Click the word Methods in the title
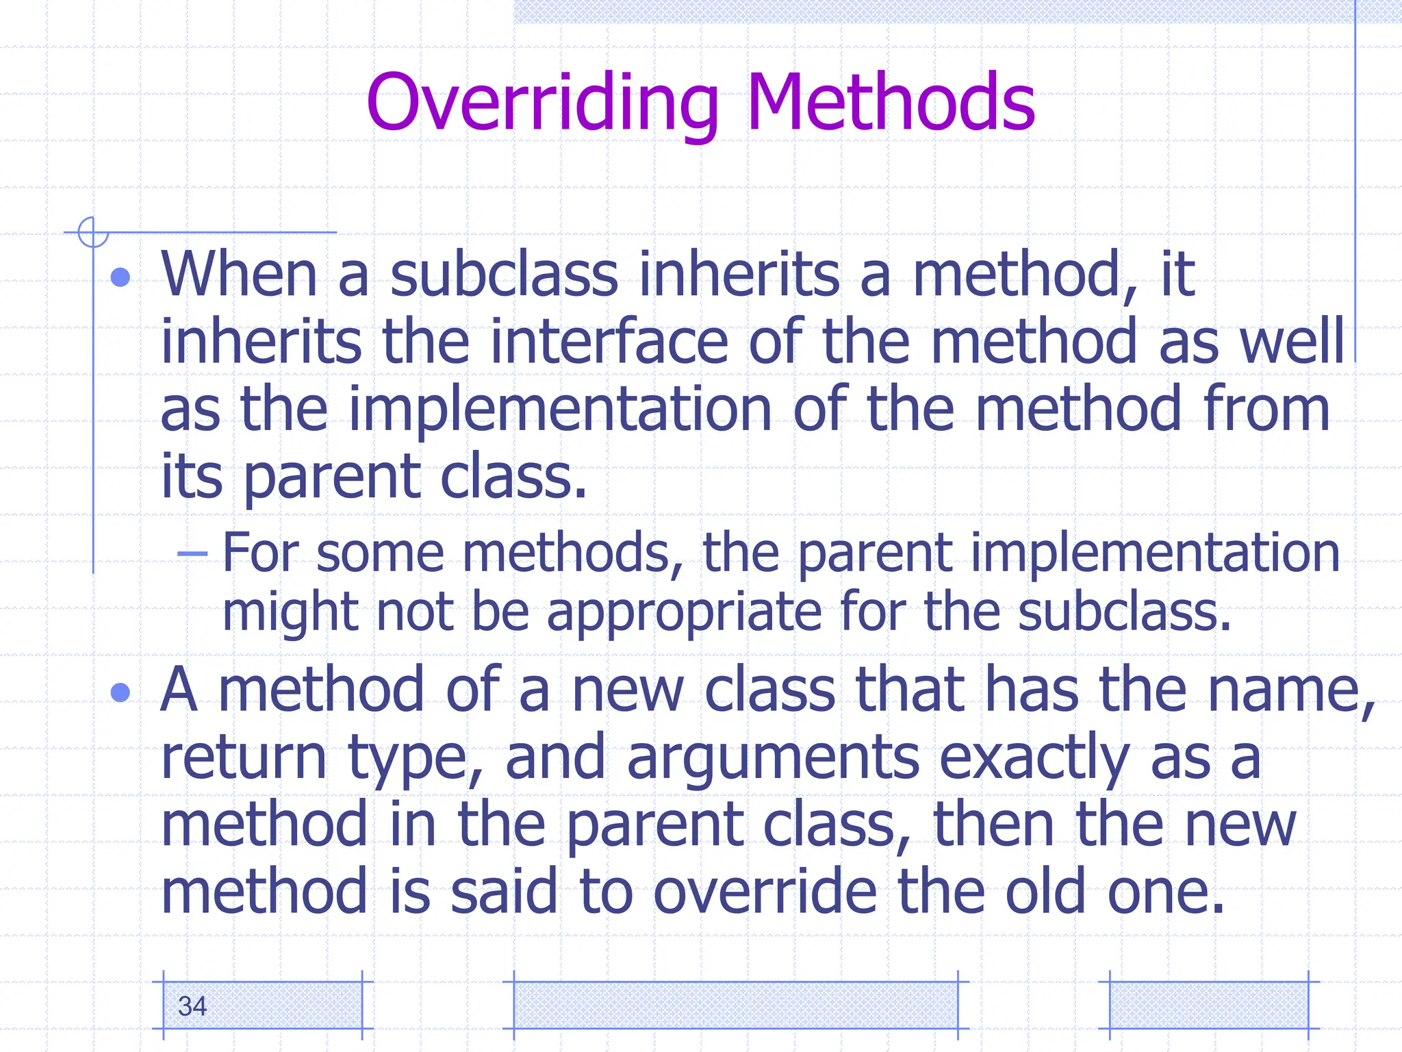(890, 103)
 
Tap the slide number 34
(192, 1006)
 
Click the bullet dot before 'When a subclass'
(120, 277)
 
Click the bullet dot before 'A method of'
(120, 692)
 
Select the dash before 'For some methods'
(192, 553)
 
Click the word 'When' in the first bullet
(239, 274)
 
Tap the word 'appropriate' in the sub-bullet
(684, 612)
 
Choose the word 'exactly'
(1034, 757)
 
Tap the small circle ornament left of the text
(93, 232)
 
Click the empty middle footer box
(735, 1005)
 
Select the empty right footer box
(1208, 1005)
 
